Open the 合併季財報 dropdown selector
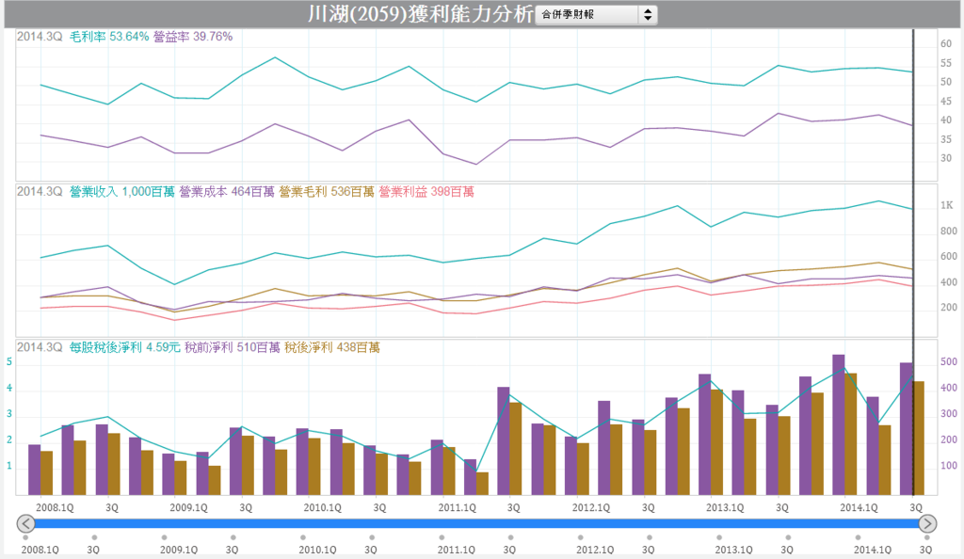click(x=596, y=15)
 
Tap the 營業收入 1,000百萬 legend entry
click(x=122, y=192)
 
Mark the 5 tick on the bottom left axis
click(x=9, y=361)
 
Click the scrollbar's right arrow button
click(x=928, y=523)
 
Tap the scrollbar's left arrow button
click(x=26, y=523)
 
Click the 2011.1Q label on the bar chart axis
click(x=458, y=507)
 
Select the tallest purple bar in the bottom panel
click(x=839, y=423)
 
